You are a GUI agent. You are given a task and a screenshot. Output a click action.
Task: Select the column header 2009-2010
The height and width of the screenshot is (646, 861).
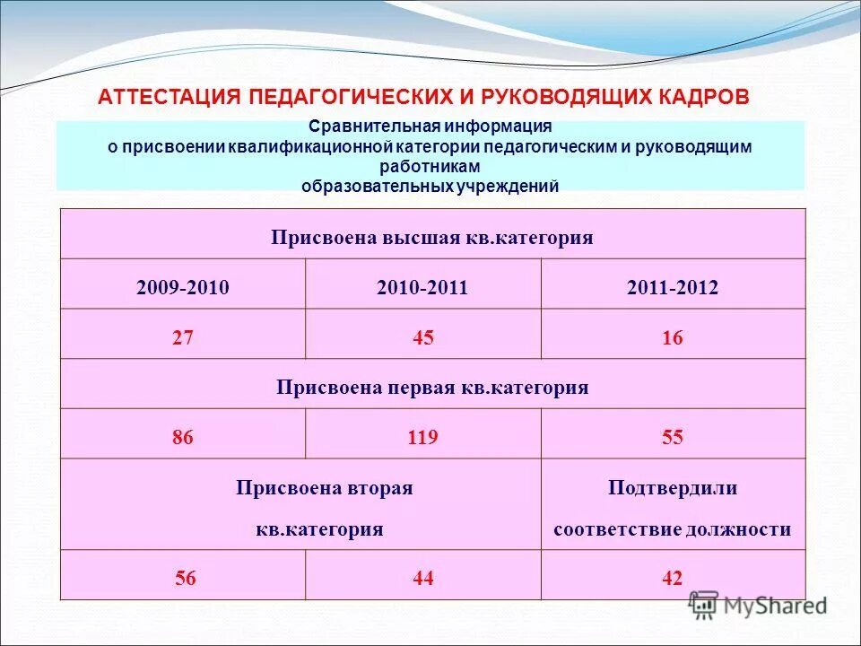pyautogui.click(x=183, y=287)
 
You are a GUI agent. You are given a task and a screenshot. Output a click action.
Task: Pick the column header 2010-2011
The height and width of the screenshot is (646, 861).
pyautogui.click(x=422, y=287)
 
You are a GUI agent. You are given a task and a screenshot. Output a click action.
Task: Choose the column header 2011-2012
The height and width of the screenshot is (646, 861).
pyautogui.click(x=673, y=287)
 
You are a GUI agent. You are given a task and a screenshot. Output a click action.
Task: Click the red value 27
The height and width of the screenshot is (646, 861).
pyautogui.click(x=183, y=338)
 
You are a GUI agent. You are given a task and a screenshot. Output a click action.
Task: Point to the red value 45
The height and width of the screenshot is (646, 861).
pyautogui.click(x=422, y=338)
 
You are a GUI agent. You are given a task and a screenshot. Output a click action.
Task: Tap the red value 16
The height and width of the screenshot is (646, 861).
pyautogui.click(x=673, y=338)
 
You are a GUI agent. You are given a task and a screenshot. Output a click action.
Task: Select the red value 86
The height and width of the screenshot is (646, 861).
pyautogui.click(x=183, y=438)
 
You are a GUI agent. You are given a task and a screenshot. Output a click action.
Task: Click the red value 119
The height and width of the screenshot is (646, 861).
pyautogui.click(x=422, y=438)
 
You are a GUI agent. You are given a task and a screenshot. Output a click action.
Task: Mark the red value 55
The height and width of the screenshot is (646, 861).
pyautogui.click(x=673, y=438)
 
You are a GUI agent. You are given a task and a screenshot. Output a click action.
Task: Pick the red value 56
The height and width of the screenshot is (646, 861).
pyautogui.click(x=186, y=579)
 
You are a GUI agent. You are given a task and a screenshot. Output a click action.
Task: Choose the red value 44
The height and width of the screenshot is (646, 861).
pyautogui.click(x=423, y=579)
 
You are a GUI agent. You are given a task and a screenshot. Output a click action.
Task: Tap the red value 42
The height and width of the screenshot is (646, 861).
pyautogui.click(x=673, y=579)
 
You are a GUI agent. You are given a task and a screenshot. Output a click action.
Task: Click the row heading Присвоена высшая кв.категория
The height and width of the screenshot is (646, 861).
pyautogui.click(x=432, y=238)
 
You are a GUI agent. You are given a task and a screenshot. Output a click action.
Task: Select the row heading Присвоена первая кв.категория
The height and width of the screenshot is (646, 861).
pyautogui.click(x=432, y=388)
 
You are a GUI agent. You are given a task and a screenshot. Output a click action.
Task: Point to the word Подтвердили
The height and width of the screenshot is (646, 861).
pyautogui.click(x=673, y=488)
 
